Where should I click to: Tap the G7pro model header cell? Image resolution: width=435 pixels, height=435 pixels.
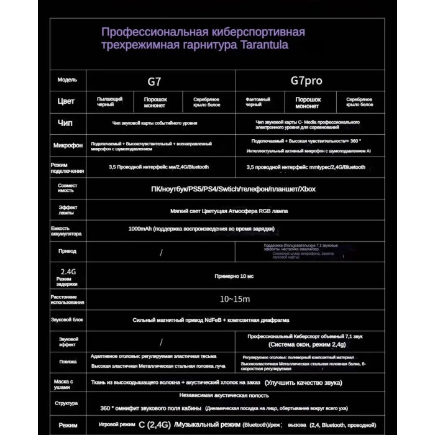(306, 81)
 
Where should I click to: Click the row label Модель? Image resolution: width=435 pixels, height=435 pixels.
(67, 80)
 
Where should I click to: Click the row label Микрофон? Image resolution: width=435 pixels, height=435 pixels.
(67, 145)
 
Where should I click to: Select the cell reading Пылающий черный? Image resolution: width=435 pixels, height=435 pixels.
(109, 102)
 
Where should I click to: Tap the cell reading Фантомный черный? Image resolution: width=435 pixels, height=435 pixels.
(259, 102)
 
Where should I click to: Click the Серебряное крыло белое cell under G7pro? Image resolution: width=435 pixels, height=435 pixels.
(359, 102)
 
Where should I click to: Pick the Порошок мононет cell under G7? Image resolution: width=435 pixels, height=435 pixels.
(155, 102)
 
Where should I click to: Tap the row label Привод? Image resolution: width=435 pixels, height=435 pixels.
(67, 251)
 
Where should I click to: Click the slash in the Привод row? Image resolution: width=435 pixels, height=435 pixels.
(161, 252)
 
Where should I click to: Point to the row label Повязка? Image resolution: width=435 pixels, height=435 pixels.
(67, 361)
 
